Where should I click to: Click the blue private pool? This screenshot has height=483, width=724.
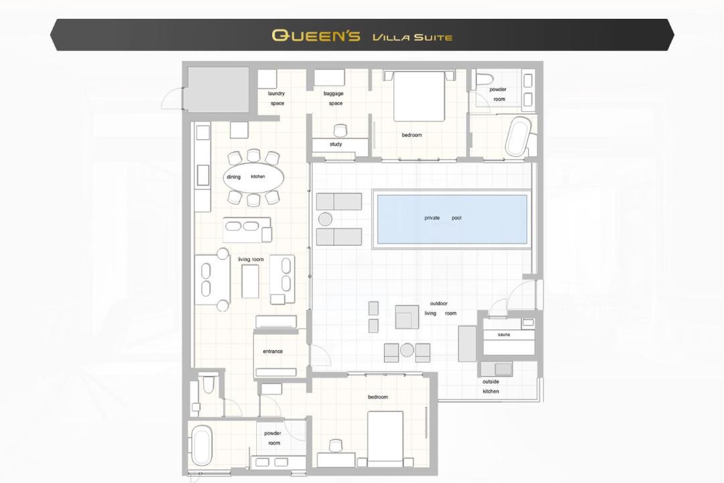[x=452, y=219]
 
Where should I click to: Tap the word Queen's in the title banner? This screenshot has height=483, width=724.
[x=316, y=36]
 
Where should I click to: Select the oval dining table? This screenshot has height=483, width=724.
[x=253, y=177]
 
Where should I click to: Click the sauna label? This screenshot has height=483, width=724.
[x=503, y=334]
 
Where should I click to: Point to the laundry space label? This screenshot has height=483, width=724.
[x=277, y=99]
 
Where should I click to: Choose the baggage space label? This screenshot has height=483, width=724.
[x=334, y=99]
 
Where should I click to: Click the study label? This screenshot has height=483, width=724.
[x=336, y=144]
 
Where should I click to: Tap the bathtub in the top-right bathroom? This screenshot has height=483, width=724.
[x=518, y=136]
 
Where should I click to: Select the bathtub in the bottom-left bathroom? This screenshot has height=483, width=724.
[x=202, y=445]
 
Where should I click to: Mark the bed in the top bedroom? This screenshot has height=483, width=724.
[x=419, y=96]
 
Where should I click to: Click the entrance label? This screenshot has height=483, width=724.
[x=272, y=352]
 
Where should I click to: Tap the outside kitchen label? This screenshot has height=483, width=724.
[x=491, y=386]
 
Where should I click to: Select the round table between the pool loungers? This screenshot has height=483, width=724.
[x=325, y=219]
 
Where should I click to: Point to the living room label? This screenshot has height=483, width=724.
[x=251, y=260]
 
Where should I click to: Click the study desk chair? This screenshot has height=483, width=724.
[x=340, y=130]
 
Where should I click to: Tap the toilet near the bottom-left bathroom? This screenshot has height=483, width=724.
[x=208, y=383]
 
